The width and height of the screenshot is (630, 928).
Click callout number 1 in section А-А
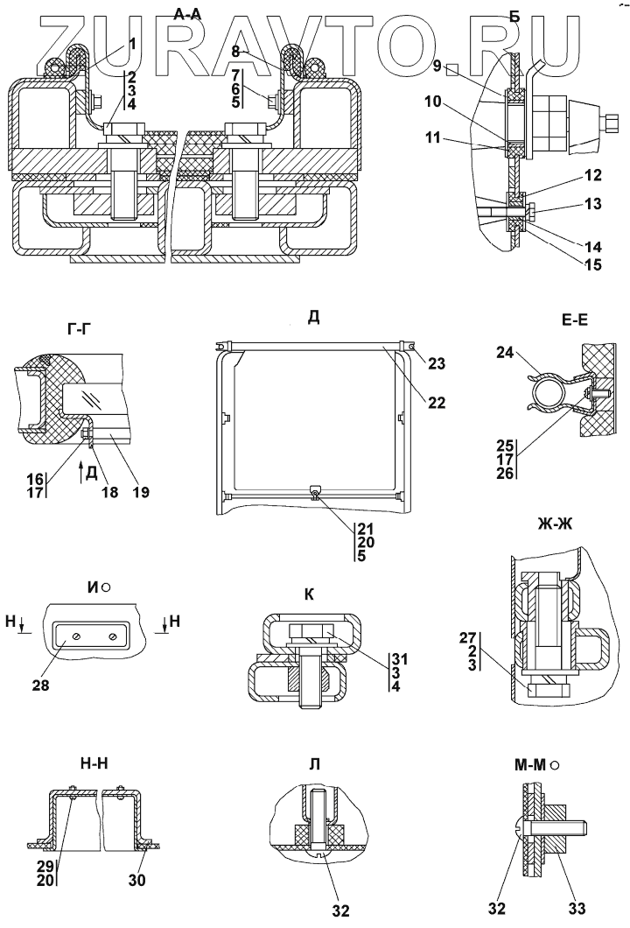[131, 43]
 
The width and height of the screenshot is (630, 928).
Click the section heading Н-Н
[84, 763]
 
